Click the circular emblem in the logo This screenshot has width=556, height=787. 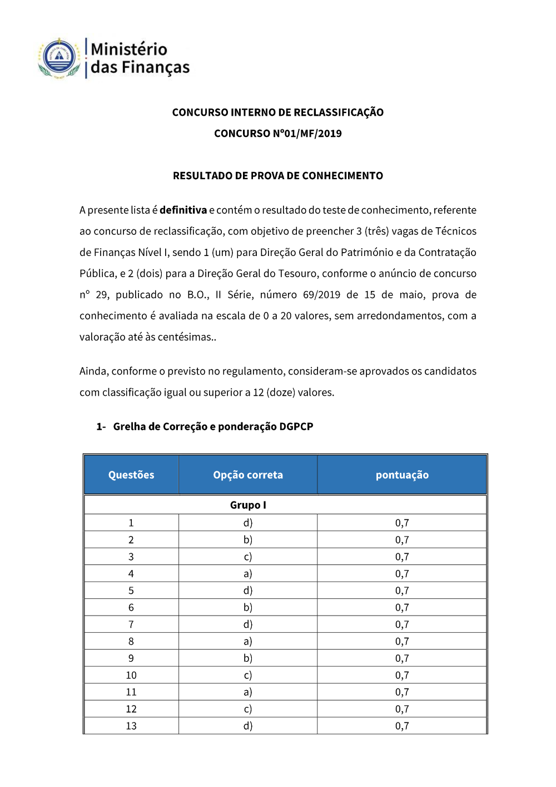click(59, 58)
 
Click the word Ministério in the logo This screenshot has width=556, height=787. click(129, 49)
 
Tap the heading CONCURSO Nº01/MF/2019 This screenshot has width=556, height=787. click(277, 134)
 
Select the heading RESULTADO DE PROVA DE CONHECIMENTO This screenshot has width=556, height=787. click(277, 176)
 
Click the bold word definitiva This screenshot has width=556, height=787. click(183, 210)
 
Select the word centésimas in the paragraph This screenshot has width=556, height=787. click(186, 337)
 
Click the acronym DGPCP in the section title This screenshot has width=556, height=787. click(296, 427)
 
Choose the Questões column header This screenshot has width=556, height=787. click(131, 475)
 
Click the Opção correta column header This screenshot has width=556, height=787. click(248, 475)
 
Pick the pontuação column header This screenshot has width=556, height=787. click(402, 475)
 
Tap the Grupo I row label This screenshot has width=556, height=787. click(248, 505)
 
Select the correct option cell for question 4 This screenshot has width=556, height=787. click(248, 574)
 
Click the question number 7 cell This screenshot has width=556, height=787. click(131, 624)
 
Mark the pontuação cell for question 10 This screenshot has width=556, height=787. click(402, 675)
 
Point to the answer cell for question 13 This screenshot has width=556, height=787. click(248, 726)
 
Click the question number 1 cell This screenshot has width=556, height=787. click(131, 523)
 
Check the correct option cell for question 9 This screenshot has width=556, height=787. click(248, 658)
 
